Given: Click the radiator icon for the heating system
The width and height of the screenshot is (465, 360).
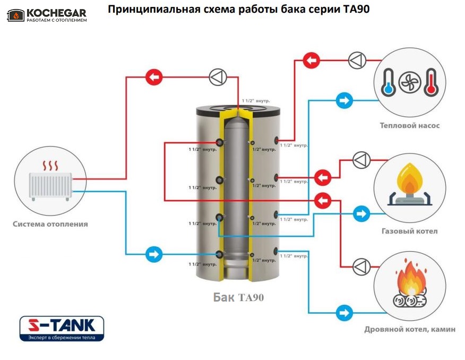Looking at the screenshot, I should coord(50,181).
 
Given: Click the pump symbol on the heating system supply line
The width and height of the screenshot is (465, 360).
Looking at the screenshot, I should coord(217,78).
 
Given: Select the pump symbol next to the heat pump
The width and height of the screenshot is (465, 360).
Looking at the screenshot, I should coord(357,60).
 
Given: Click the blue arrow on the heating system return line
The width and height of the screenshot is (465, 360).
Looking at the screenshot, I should coord(153,254).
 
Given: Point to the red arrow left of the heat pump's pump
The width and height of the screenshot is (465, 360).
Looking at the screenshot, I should coord(312,60).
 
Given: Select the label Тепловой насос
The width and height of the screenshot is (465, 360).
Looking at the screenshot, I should coord(409,126).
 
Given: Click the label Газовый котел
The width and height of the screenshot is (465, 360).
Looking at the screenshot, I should coord(409,232).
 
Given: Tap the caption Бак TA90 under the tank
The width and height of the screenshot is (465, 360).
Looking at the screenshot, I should coord(238,297).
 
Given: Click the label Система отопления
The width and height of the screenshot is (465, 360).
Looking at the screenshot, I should coord(50,224).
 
